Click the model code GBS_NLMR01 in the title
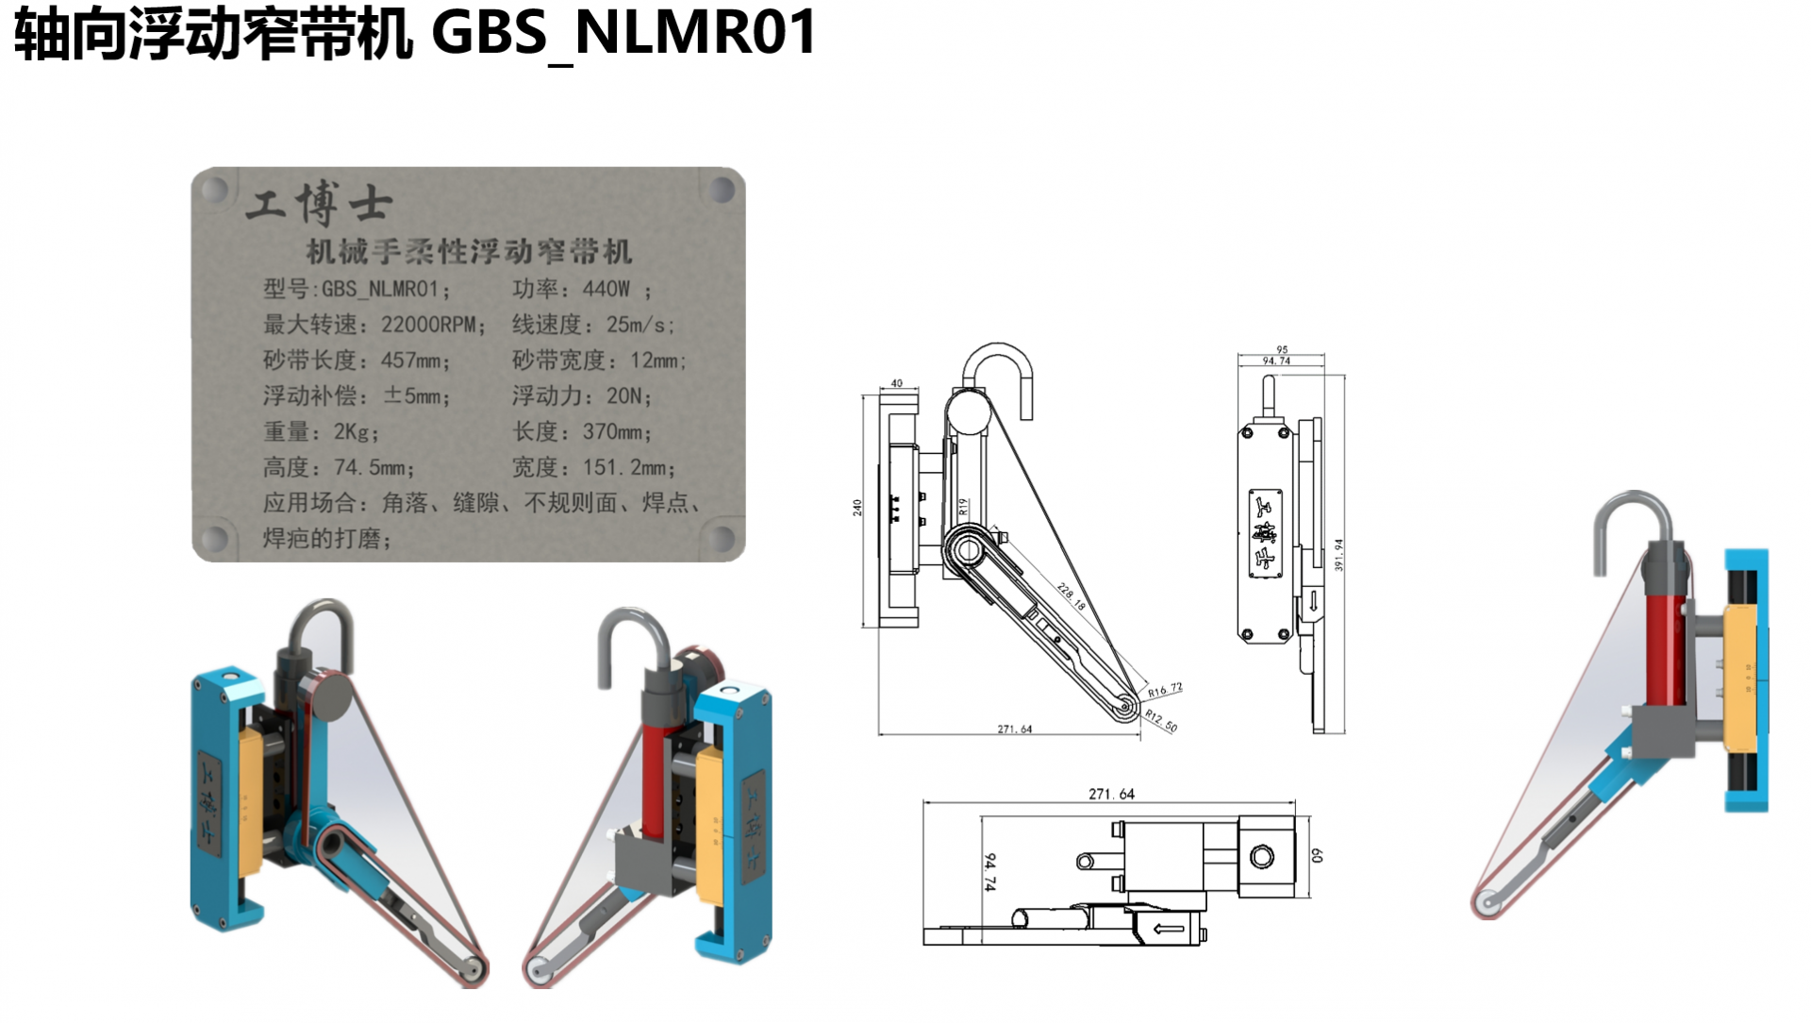coord(623,33)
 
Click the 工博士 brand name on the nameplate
coord(319,203)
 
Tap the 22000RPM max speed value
coord(428,325)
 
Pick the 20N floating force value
coord(623,395)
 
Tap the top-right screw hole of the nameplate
coord(722,190)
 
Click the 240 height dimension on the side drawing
coord(857,508)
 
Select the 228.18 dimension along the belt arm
coord(1072,596)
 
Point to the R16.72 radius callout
coord(1165,690)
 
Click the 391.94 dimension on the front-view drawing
coord(1338,554)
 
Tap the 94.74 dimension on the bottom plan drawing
coord(989,872)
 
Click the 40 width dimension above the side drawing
coord(896,383)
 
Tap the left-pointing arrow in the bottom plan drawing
coord(1169,929)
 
